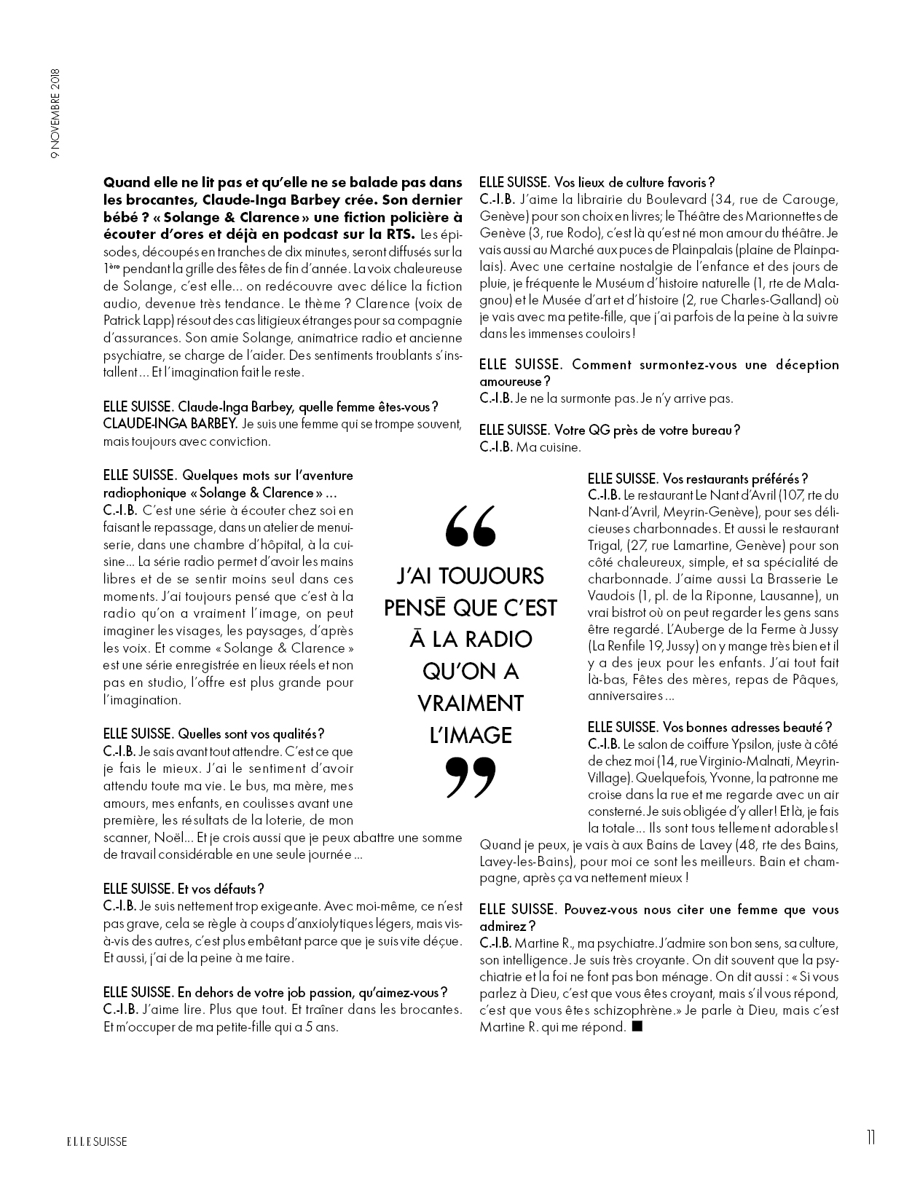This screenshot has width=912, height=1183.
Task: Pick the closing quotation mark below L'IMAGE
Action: [x=470, y=777]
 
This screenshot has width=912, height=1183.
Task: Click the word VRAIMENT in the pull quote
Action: [x=470, y=703]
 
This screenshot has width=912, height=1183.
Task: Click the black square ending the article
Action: [x=637, y=1027]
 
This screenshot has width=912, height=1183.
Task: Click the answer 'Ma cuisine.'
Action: [x=549, y=447]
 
